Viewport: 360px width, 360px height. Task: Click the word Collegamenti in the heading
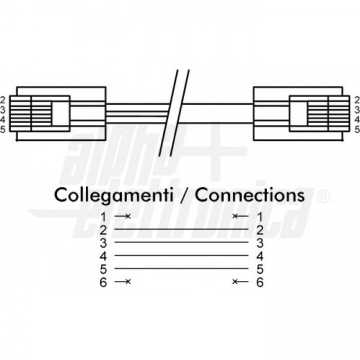[113, 195]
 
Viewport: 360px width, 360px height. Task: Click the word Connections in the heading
[250, 194]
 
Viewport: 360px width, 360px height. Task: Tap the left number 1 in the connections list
[104, 217]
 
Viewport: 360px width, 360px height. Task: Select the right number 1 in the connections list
[260, 217]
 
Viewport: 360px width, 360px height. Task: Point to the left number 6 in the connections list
[103, 282]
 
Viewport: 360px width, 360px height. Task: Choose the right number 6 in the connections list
[260, 282]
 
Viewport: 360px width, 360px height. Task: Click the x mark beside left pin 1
[128, 216]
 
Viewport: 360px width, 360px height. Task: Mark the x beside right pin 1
[235, 216]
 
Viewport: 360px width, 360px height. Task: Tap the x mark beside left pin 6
[128, 281]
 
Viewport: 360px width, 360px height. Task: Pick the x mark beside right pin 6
[235, 281]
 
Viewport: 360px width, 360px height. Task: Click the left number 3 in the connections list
[103, 243]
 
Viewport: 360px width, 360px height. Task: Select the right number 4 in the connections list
[260, 256]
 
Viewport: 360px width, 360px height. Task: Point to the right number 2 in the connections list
[260, 230]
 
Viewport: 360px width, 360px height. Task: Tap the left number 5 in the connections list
[103, 269]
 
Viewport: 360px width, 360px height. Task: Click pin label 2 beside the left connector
[2, 100]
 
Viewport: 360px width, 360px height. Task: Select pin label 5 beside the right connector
[357, 130]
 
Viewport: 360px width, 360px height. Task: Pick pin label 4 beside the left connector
[2, 119]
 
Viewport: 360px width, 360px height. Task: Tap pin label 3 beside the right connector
[357, 110]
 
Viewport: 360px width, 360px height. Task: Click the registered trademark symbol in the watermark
[324, 196]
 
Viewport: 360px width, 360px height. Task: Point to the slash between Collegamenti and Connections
[184, 195]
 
